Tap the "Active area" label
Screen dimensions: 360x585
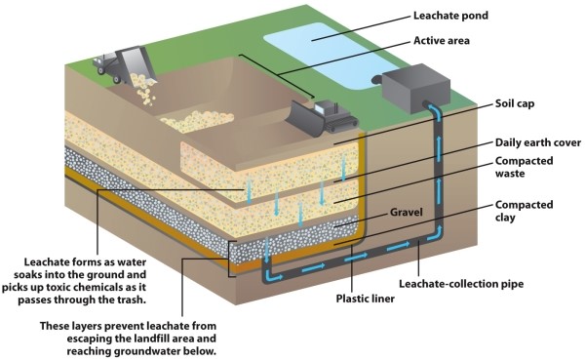tap(444, 42)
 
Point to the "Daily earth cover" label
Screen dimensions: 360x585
tap(537, 142)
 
